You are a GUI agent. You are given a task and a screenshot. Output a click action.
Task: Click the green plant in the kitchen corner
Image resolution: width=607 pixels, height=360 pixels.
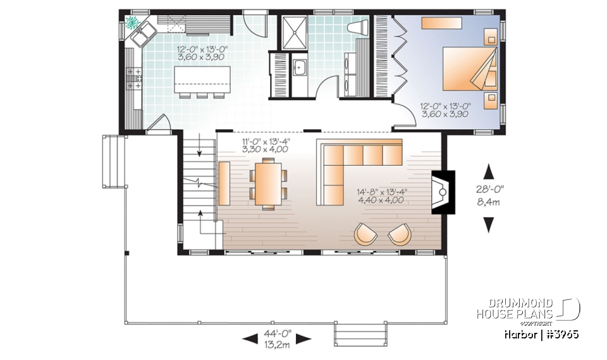pyautogui.click(x=133, y=23)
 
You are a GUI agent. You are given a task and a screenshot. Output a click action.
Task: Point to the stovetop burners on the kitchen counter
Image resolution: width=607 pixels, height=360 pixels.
pyautogui.click(x=134, y=78)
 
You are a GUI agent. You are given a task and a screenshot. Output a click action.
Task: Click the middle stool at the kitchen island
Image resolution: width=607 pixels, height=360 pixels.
pyautogui.click(x=201, y=96)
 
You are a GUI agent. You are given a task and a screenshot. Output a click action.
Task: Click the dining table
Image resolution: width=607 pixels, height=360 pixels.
pyautogui.click(x=266, y=183)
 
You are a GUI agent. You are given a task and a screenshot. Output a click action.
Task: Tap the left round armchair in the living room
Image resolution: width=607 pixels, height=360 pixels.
pyautogui.click(x=365, y=234)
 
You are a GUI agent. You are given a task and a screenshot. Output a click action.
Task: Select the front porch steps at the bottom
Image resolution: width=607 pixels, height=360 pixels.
pyautogui.click(x=360, y=333)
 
